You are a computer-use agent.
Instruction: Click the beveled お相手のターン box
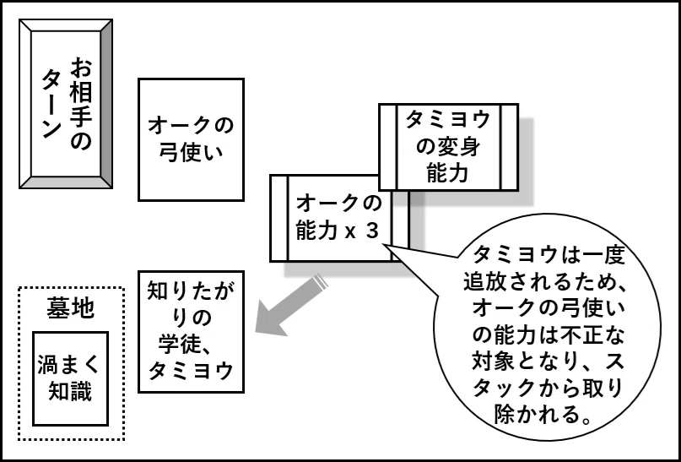pos(66,104)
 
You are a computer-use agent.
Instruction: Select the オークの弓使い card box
pos(191,139)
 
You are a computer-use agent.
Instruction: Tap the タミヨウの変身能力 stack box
pos(449,147)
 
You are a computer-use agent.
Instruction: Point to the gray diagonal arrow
pos(291,305)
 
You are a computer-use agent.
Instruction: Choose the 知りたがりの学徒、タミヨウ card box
pos(191,332)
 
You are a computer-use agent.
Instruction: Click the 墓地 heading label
pos(70,308)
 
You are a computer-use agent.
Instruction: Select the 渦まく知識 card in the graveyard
pos(70,378)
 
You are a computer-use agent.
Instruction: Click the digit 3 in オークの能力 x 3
pos(373,231)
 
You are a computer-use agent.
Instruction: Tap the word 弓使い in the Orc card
pos(191,153)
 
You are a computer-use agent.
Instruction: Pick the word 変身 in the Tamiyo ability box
pos(458,147)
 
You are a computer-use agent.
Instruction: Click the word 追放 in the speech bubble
pos(484,282)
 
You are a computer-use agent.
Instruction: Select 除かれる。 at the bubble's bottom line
pos(543,415)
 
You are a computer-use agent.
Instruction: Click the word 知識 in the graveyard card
pos(70,392)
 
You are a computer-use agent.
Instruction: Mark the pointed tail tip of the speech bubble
pos(383,245)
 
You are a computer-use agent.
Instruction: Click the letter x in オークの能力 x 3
pos(350,233)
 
